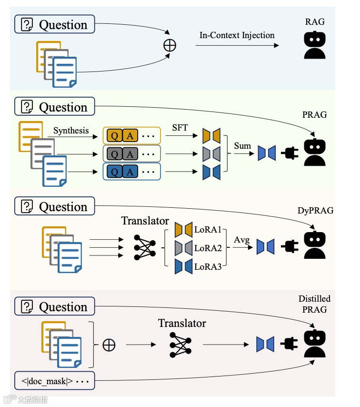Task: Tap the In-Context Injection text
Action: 237,35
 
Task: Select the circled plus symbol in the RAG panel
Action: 170,46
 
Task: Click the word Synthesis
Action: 71,130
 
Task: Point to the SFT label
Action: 180,128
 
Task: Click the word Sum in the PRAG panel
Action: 242,146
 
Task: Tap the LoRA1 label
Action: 208,230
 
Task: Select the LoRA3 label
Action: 208,266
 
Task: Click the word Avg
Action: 242,240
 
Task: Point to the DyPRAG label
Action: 315,210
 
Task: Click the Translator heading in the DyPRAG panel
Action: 145,221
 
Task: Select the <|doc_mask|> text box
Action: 54,381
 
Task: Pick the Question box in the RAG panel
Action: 55,24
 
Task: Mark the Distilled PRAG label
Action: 314,304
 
